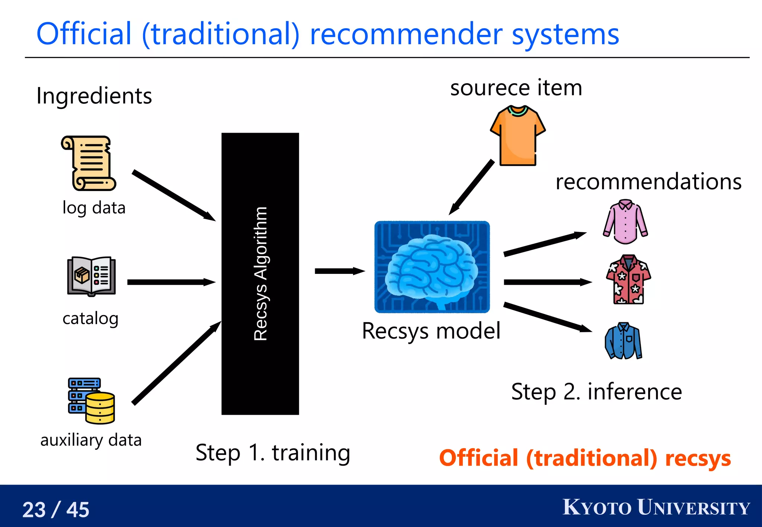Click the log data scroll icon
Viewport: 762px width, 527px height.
pyautogui.click(x=89, y=163)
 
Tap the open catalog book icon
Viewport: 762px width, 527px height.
pyautogui.click(x=92, y=276)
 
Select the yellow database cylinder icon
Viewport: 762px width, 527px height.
pyautogui.click(x=100, y=408)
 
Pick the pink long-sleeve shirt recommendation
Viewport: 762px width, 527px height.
pyautogui.click(x=625, y=222)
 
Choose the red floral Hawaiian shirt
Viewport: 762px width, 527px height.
pyautogui.click(x=628, y=279)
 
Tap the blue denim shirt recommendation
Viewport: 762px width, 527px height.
pyautogui.click(x=624, y=341)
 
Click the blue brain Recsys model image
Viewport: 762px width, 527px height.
pyautogui.click(x=432, y=267)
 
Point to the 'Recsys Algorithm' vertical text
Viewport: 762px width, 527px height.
pyautogui.click(x=260, y=274)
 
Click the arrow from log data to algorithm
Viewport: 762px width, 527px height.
pyautogui.click(x=173, y=195)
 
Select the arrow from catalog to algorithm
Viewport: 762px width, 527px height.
pyautogui.click(x=171, y=282)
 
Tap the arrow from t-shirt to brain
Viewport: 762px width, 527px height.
pyautogui.click(x=472, y=187)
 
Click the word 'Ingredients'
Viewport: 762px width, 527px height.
pyautogui.click(x=94, y=96)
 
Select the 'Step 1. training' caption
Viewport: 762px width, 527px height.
pyautogui.click(x=273, y=453)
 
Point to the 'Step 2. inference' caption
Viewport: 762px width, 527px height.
pyautogui.click(x=596, y=392)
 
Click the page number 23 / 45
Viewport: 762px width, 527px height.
pyautogui.click(x=56, y=510)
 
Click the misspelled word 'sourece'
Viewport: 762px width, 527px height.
pyautogui.click(x=490, y=88)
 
